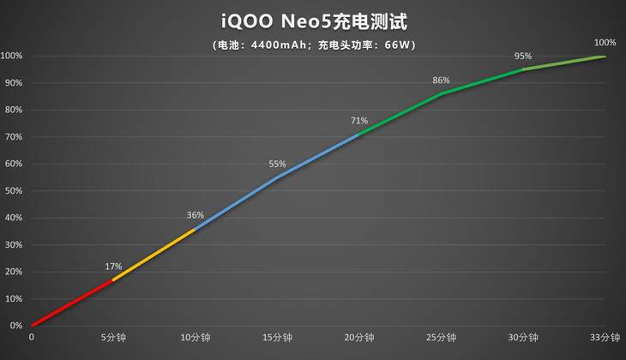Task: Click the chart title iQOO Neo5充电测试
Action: pos(312,20)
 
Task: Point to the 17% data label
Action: pos(113,267)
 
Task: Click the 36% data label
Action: pos(196,215)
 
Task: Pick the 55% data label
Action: pos(277,164)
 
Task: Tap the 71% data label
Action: pos(359,121)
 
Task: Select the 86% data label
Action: pos(441,81)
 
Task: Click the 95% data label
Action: pos(523,56)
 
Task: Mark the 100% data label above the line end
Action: pos(605,42)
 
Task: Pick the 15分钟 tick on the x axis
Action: pos(277,338)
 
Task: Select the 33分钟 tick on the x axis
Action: pos(605,338)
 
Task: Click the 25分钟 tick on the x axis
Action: pos(441,338)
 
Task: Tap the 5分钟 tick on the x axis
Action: pos(113,338)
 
